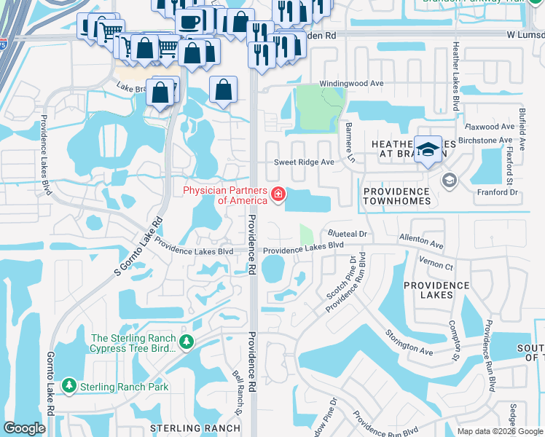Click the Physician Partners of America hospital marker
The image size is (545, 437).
click(x=278, y=194)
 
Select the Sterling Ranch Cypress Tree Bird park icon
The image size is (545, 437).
click(x=187, y=340)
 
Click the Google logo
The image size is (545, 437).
click(x=25, y=428)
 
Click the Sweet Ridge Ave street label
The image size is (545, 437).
click(x=304, y=162)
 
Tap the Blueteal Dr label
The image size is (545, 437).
click(x=351, y=234)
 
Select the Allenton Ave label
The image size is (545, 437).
click(x=421, y=242)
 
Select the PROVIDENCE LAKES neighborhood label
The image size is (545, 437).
click(x=436, y=290)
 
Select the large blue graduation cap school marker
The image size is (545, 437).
click(x=428, y=148)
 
